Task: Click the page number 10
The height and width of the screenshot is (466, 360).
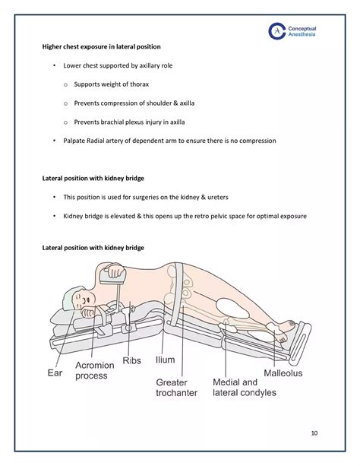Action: [314, 433]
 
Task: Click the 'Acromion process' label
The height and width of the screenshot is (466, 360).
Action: [95, 371]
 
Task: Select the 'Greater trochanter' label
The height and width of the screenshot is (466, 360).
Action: [177, 388]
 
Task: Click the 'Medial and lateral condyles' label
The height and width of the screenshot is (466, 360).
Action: [233, 388]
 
